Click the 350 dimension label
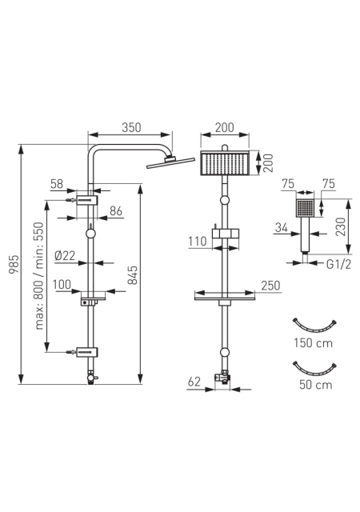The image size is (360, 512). coord(131,127)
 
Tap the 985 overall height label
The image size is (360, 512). coord(14,265)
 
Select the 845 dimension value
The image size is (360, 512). coord(132,275)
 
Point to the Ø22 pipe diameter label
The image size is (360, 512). coord(65,256)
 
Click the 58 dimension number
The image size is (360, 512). coord(57,184)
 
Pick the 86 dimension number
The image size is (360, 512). coord(116,211)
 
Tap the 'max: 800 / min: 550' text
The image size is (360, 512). coord(38,276)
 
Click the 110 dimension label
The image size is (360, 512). coord(198,242)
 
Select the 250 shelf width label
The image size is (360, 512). coord(271,286)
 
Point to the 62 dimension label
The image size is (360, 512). coord(194,382)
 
